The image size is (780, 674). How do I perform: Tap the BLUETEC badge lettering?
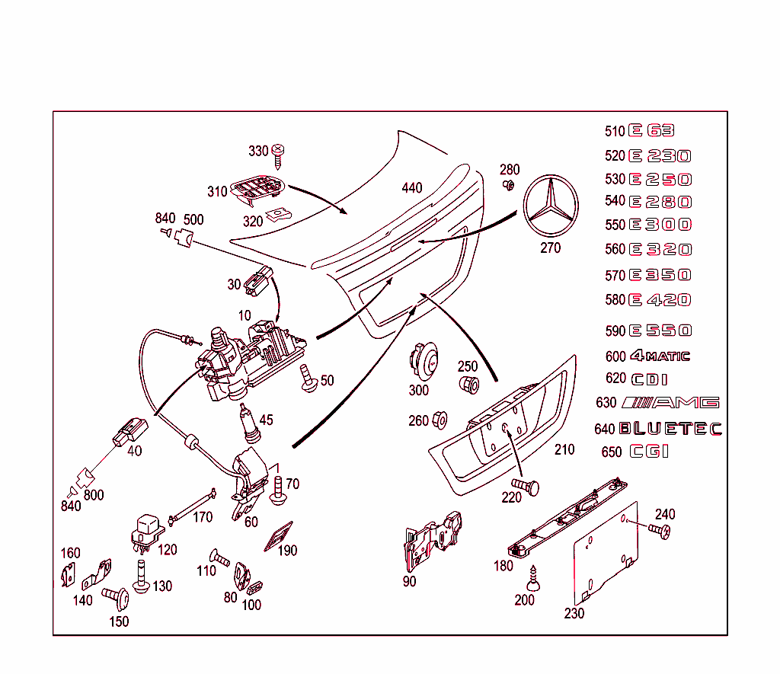670,429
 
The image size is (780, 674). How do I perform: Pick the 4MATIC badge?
660,356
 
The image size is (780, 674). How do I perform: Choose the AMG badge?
670,403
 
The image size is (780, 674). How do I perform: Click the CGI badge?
649,452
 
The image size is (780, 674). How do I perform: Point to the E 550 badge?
660,331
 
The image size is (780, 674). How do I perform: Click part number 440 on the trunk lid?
411,188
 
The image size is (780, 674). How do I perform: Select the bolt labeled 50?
309,379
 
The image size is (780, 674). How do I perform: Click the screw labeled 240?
660,531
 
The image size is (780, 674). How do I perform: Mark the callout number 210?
564,449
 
